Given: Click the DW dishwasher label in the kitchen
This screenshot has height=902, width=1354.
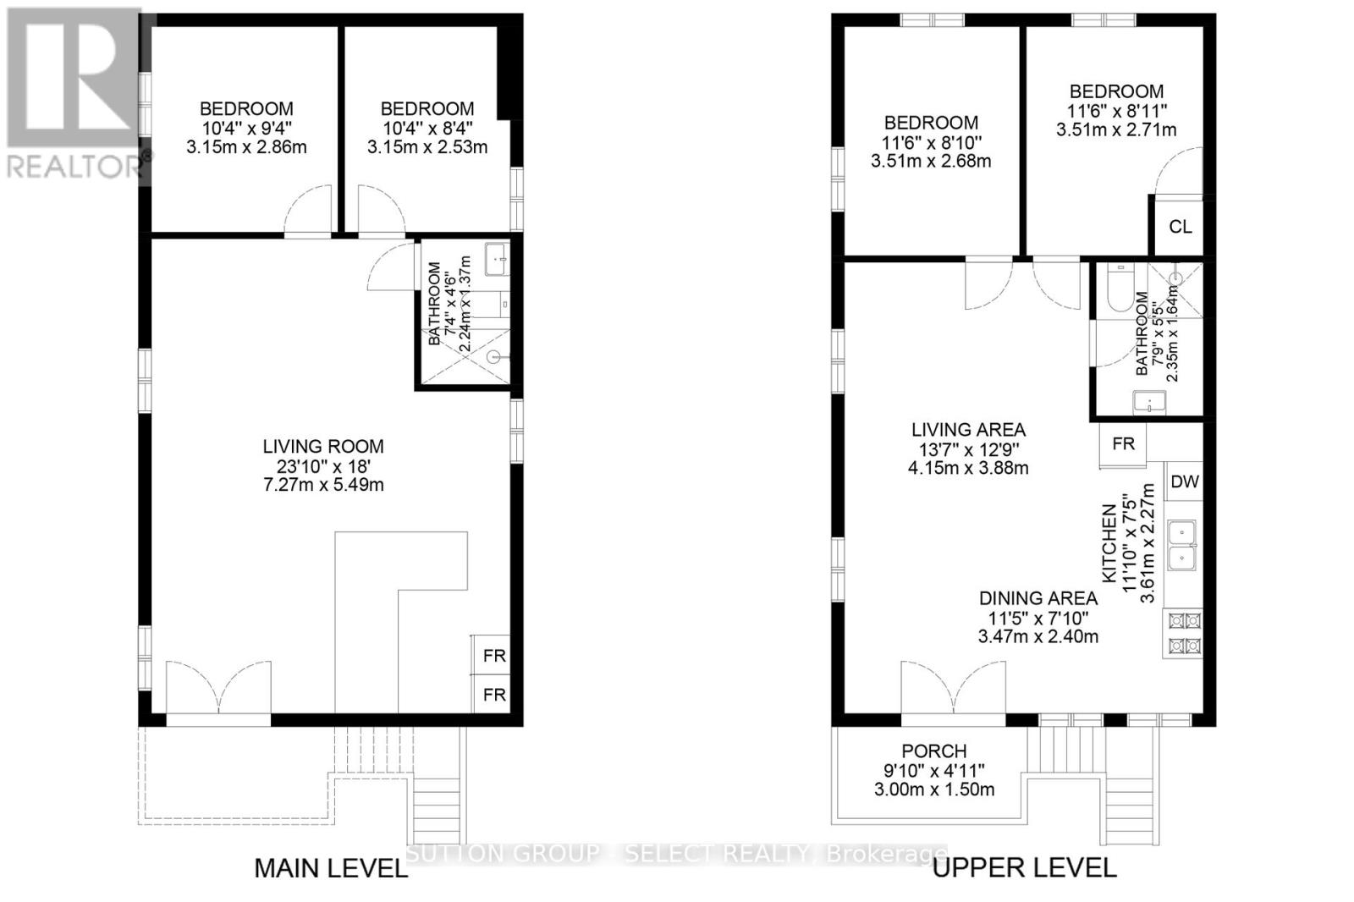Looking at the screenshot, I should click(x=1185, y=482).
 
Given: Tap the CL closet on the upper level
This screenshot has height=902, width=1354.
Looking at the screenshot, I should click(x=1180, y=227).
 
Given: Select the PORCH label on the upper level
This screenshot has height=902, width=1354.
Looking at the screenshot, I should click(x=933, y=751).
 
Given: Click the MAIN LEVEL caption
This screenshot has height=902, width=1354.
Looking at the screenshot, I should click(x=331, y=868).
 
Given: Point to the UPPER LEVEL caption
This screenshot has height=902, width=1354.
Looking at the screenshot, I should click(x=1024, y=867).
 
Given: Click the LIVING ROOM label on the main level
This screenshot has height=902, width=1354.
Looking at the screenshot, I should click(x=322, y=447).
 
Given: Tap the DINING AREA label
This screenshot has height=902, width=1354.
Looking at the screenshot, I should click(x=1038, y=598).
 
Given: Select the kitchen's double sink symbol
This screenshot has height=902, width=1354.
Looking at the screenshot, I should click(x=1182, y=545).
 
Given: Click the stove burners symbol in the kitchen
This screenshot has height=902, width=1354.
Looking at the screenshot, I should click(x=1184, y=634).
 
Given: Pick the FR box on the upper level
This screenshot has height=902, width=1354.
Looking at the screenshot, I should click(x=1123, y=444).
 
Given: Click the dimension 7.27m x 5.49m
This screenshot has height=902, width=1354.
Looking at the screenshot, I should click(x=322, y=485).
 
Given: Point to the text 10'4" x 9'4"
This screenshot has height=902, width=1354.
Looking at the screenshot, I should click(x=246, y=128).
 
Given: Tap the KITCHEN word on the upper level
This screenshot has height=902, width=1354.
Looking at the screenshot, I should click(x=1109, y=543).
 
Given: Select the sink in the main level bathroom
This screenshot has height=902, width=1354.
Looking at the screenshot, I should click(x=496, y=258).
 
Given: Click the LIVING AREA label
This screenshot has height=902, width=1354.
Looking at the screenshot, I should click(x=968, y=430).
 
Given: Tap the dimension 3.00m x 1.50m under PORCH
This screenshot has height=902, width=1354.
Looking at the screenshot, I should click(x=933, y=789).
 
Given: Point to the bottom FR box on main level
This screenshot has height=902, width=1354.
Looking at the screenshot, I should click(x=494, y=695).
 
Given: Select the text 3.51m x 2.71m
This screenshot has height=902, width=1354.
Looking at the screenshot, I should click(x=1115, y=129).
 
